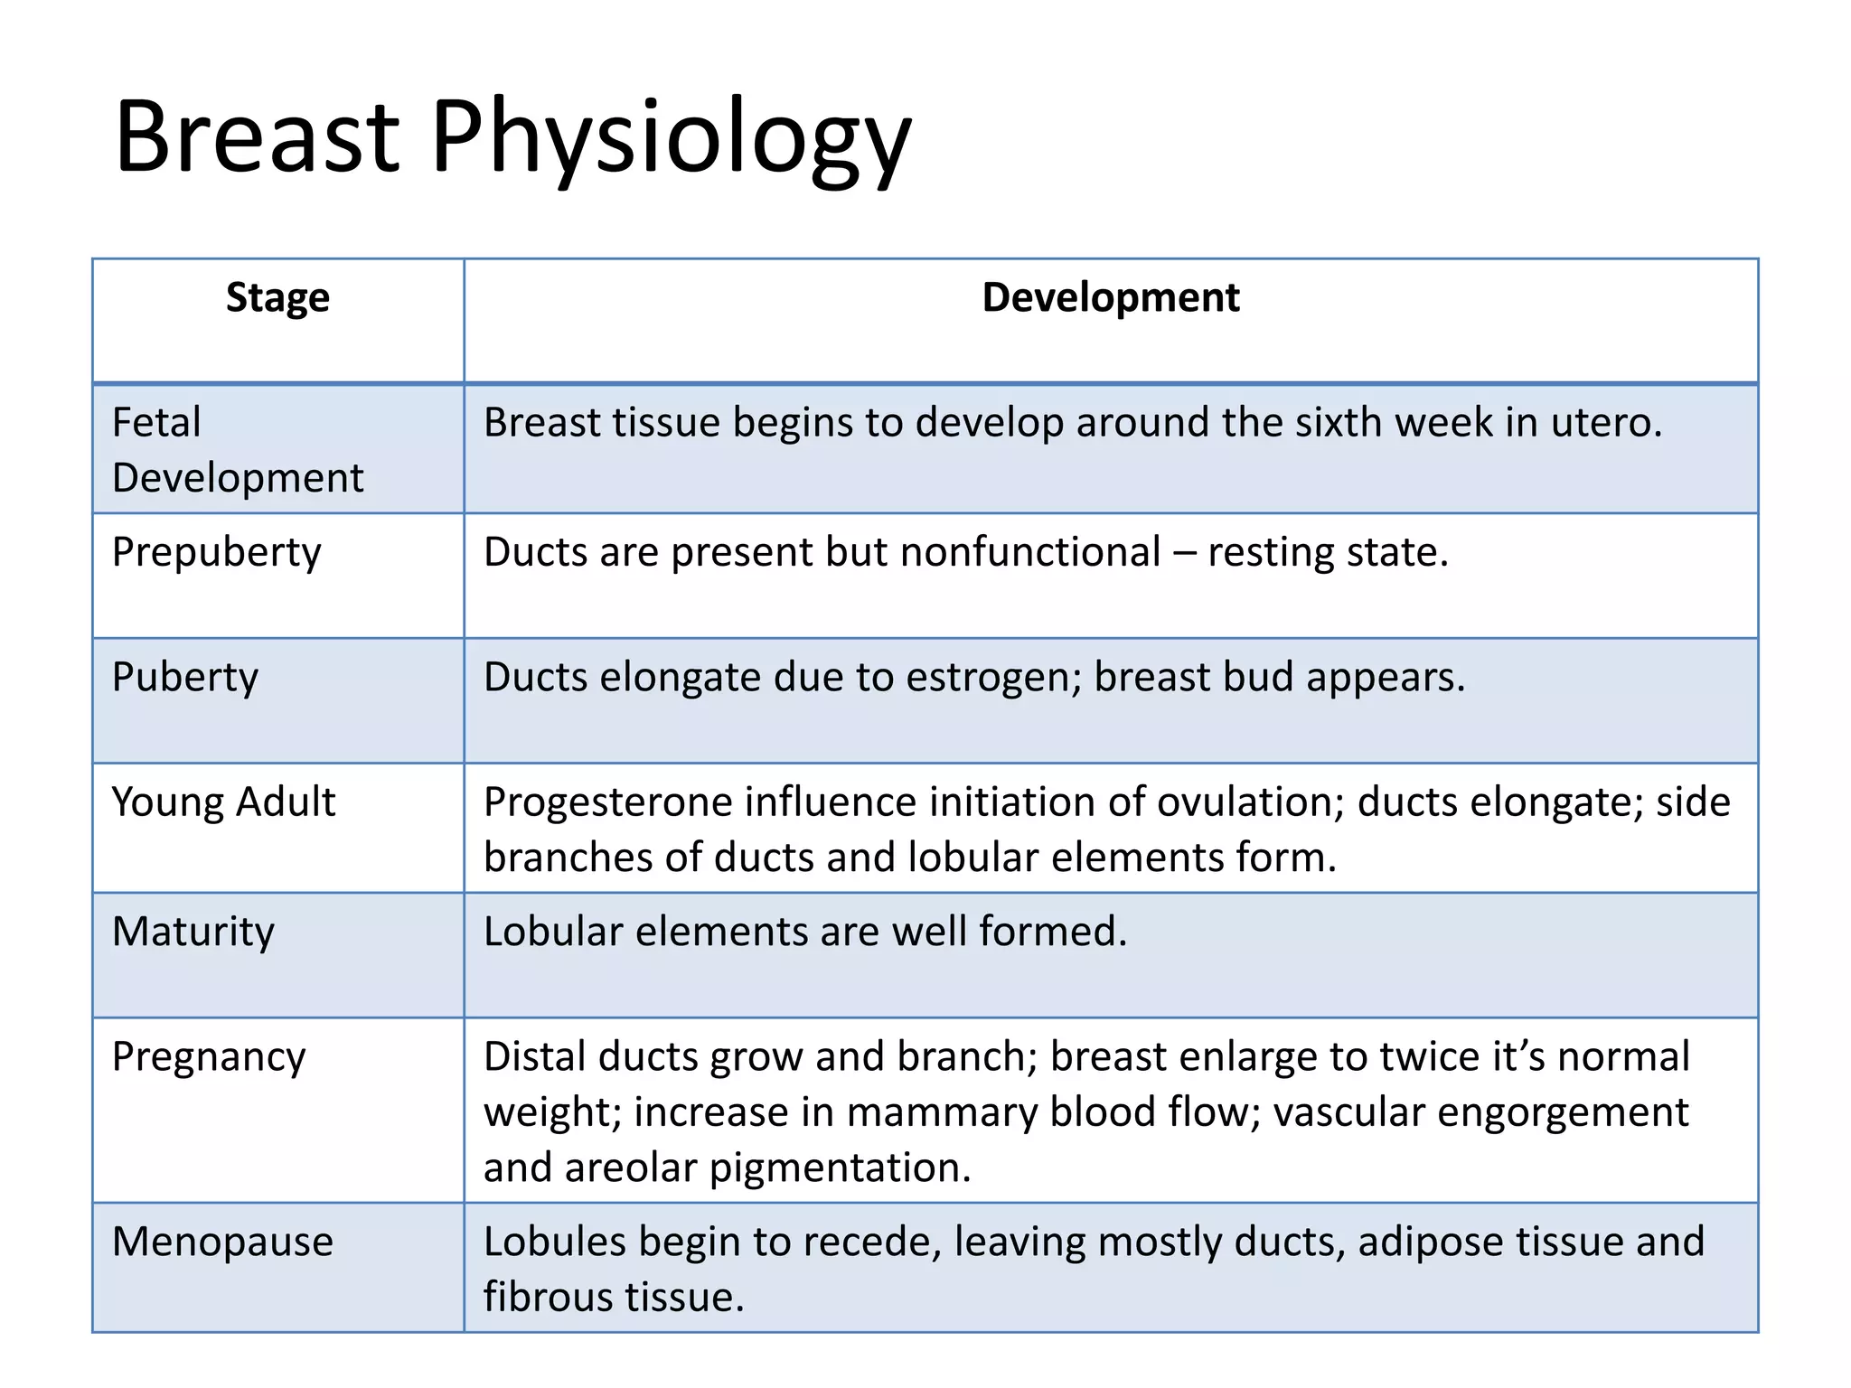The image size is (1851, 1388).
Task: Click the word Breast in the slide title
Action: pos(257,137)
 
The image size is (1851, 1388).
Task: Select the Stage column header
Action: pos(277,297)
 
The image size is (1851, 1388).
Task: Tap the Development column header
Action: pos(1111,297)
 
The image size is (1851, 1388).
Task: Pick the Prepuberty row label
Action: pos(216,552)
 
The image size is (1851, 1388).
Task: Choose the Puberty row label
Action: pos(185,678)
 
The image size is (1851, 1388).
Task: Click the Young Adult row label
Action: pos(223,802)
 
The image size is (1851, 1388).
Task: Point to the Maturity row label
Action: pos(193,932)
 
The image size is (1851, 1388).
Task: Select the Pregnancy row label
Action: pos(209,1057)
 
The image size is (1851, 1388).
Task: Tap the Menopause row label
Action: pos(222,1242)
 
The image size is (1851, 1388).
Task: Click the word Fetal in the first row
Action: pos(156,422)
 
